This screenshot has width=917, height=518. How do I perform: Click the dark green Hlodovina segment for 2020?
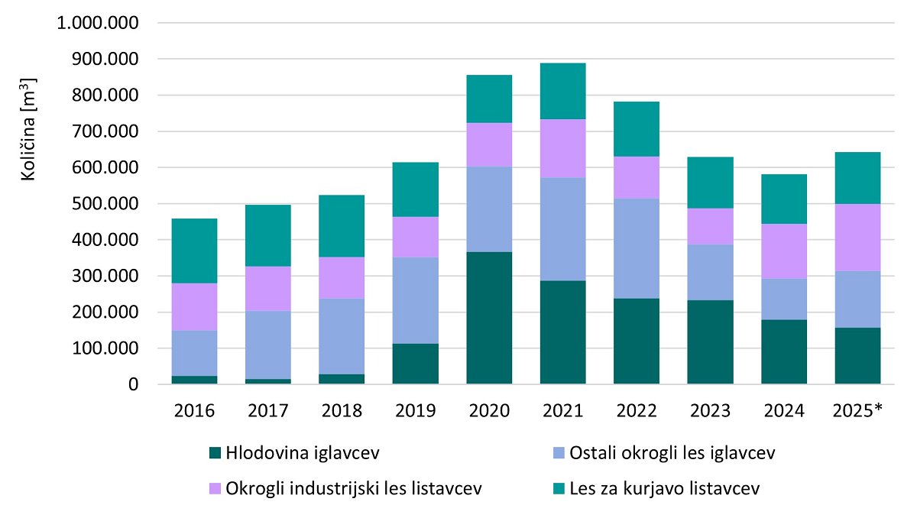[489, 318]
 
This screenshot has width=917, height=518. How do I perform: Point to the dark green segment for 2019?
[415, 364]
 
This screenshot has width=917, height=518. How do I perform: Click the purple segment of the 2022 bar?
[636, 178]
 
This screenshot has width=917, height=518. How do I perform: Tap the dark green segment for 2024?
[783, 351]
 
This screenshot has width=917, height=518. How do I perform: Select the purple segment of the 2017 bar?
[268, 289]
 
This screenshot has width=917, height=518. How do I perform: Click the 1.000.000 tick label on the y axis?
[98, 23]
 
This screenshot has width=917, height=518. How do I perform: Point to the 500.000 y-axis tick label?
[105, 204]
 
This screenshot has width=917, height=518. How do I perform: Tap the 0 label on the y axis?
[133, 385]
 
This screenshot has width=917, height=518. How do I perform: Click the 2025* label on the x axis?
[857, 412]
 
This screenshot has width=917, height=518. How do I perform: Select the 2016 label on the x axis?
[195, 412]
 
